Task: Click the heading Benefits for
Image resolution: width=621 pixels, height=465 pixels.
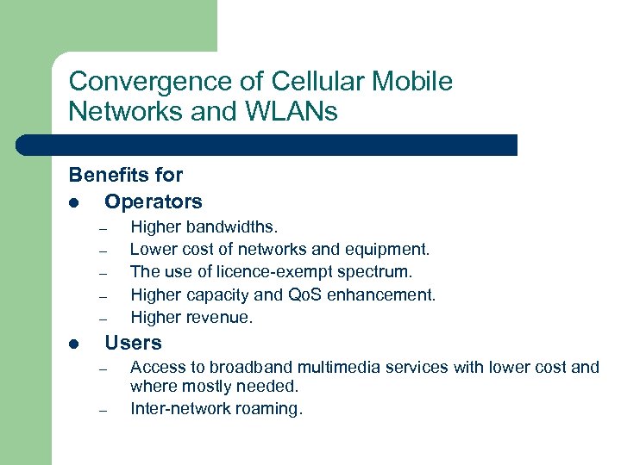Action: click(126, 175)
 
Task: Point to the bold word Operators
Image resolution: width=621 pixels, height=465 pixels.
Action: click(154, 202)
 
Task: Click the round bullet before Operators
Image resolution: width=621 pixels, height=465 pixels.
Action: click(75, 203)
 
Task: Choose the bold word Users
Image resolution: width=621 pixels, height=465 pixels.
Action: click(133, 343)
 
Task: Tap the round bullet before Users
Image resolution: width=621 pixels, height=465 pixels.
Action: click(75, 344)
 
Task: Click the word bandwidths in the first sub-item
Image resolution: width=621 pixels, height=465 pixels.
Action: click(231, 227)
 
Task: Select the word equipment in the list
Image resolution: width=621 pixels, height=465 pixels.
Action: click(386, 250)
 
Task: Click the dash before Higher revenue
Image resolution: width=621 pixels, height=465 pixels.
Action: click(102, 319)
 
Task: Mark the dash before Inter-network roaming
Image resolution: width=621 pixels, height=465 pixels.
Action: click(102, 411)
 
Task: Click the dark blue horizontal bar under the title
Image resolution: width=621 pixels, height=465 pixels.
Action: click(259, 145)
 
